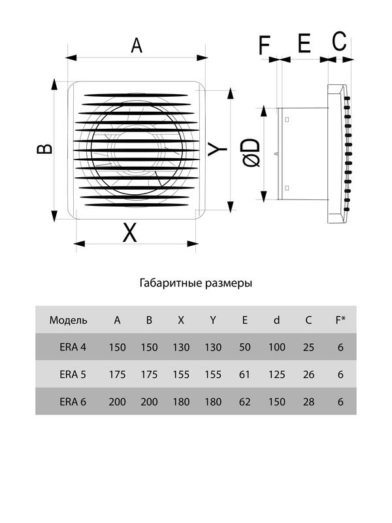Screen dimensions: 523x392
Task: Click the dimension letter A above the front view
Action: click(137, 45)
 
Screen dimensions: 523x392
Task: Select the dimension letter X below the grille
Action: click(131, 232)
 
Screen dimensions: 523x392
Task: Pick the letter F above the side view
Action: click(265, 45)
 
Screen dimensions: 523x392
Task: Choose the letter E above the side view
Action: click(304, 44)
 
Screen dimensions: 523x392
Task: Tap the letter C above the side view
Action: click(339, 41)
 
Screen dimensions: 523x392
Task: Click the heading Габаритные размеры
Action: click(196, 284)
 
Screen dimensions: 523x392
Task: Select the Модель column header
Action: click(68, 320)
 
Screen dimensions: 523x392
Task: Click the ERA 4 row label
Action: click(73, 347)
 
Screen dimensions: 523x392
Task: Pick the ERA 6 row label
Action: click(73, 402)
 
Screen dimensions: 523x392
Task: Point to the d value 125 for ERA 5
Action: click(276, 375)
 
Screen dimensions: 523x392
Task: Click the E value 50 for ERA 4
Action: click(245, 347)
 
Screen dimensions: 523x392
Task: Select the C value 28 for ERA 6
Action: click(308, 402)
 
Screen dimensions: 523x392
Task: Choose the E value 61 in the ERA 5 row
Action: click(245, 375)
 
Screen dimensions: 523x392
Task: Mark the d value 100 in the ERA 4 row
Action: click(276, 347)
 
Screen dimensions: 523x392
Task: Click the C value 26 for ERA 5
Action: click(308, 375)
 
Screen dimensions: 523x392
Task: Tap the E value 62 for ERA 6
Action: click(245, 402)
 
